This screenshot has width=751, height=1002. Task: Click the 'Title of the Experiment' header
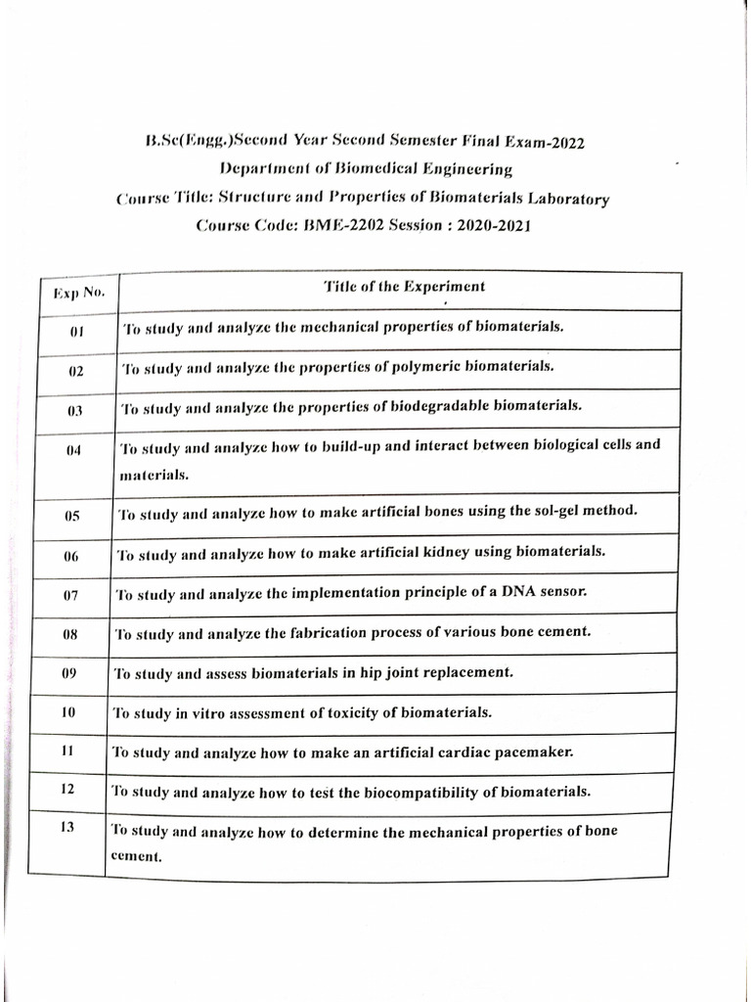tap(404, 287)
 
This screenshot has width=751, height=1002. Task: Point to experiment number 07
tap(70, 595)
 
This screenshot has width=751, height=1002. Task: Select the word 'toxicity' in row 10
tap(361, 712)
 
